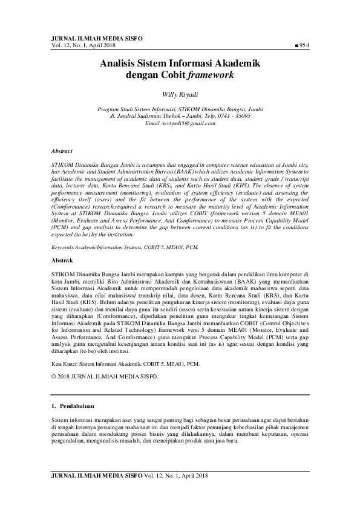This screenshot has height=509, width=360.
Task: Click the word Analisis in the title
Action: coord(120,63)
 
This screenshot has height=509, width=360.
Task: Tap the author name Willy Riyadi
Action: coord(180,95)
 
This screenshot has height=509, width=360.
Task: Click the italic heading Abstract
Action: coord(62,151)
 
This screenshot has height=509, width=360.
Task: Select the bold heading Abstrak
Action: coord(62,260)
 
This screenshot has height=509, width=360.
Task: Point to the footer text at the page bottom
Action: coord(129,476)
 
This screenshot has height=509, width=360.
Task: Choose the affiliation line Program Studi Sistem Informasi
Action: coord(180,109)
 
